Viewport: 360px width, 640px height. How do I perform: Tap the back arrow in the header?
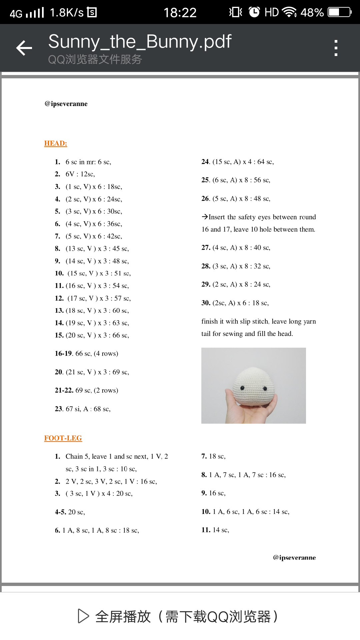(x=24, y=48)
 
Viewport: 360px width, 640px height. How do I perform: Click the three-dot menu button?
(x=336, y=48)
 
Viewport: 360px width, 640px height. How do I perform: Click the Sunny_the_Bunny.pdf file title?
(x=140, y=42)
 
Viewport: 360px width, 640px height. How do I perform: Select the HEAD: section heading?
(x=56, y=143)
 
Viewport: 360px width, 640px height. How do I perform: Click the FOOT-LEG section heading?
(x=63, y=438)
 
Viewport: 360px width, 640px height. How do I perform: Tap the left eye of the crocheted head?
(x=242, y=388)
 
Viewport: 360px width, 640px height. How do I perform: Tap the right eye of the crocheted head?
(x=265, y=388)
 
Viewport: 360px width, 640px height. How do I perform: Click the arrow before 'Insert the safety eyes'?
(x=205, y=217)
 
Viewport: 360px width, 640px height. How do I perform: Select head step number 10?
(x=59, y=273)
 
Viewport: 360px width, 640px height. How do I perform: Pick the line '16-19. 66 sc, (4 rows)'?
(x=87, y=353)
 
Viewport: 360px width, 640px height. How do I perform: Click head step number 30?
(x=206, y=303)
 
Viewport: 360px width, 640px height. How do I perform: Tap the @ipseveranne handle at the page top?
(x=66, y=104)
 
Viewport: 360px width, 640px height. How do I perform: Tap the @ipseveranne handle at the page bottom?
(x=294, y=558)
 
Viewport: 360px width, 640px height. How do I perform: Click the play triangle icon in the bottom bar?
(x=83, y=616)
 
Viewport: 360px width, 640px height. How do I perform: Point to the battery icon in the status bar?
(x=339, y=13)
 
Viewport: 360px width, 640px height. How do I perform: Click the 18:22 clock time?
(x=180, y=13)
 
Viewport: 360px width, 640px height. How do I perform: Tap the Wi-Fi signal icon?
(x=289, y=13)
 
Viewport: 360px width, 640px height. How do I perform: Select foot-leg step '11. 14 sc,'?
(x=215, y=530)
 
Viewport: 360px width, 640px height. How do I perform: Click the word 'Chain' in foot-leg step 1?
(x=74, y=456)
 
